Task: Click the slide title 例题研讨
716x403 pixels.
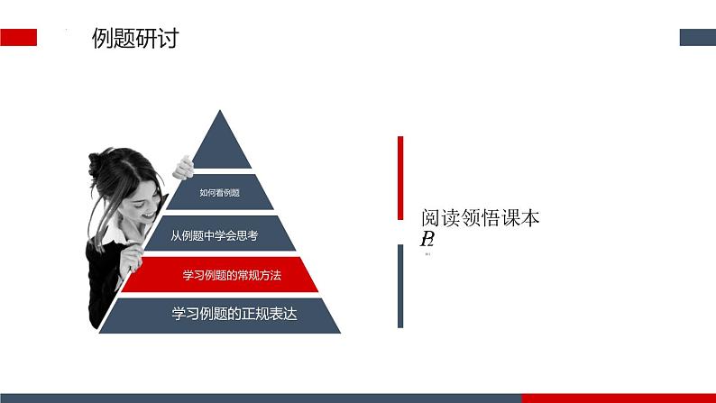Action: pos(135,38)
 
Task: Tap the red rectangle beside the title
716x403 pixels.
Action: pos(18,37)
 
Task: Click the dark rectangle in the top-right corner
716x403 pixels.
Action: pos(696,37)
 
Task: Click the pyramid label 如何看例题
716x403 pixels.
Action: pos(218,192)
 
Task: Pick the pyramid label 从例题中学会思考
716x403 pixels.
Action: pos(215,235)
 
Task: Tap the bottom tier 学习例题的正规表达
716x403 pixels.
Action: pos(234,315)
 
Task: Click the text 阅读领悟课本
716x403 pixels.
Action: pos(481,218)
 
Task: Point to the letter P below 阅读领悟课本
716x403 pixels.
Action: pos(425,239)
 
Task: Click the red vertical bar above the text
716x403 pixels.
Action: pos(400,178)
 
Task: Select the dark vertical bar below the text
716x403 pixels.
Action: pos(400,286)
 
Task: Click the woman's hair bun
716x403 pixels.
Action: pos(96,164)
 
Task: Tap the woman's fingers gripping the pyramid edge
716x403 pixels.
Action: pos(183,167)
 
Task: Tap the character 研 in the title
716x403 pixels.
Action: pos(146,38)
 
